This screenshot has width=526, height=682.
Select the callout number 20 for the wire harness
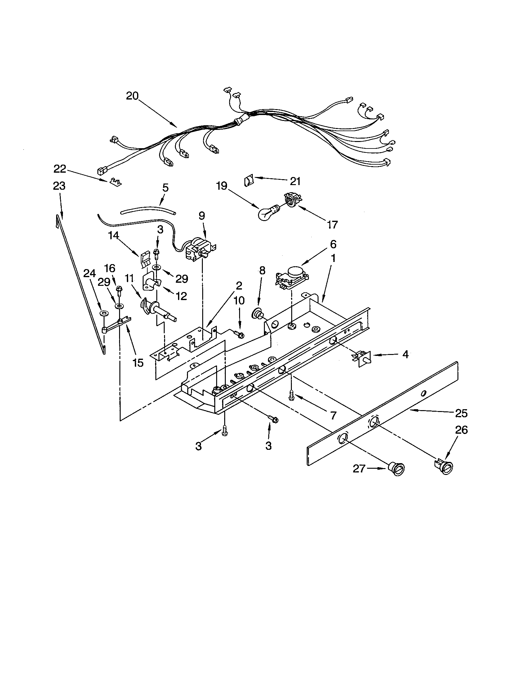pyautogui.click(x=132, y=95)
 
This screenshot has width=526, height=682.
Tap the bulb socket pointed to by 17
pyautogui.click(x=292, y=200)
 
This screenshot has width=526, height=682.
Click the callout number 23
pyautogui.click(x=59, y=186)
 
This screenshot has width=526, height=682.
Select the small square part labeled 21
pyautogui.click(x=248, y=181)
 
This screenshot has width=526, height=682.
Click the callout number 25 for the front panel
pyautogui.click(x=462, y=414)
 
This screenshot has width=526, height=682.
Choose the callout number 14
pyautogui.click(x=114, y=235)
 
